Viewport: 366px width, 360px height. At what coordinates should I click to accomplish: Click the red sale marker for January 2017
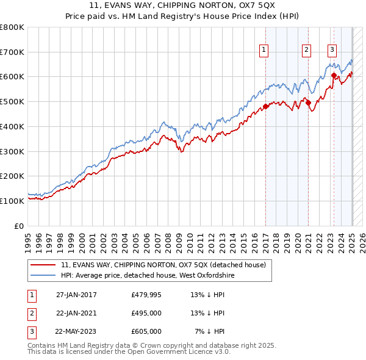click(266, 106)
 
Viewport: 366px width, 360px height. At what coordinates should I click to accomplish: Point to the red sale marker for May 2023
click(334, 76)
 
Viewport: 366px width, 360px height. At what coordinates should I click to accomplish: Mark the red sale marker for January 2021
click(308, 103)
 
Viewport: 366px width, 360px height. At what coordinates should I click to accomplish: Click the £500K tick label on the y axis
click(12, 101)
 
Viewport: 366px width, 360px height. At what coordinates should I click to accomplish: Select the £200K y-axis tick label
click(12, 176)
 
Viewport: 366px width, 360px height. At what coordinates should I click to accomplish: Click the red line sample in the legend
click(43, 265)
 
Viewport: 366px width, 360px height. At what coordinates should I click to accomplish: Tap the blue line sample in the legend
click(43, 276)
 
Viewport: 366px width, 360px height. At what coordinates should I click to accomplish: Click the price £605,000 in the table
click(146, 331)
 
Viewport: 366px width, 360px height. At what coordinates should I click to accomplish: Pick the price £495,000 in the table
click(146, 314)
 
